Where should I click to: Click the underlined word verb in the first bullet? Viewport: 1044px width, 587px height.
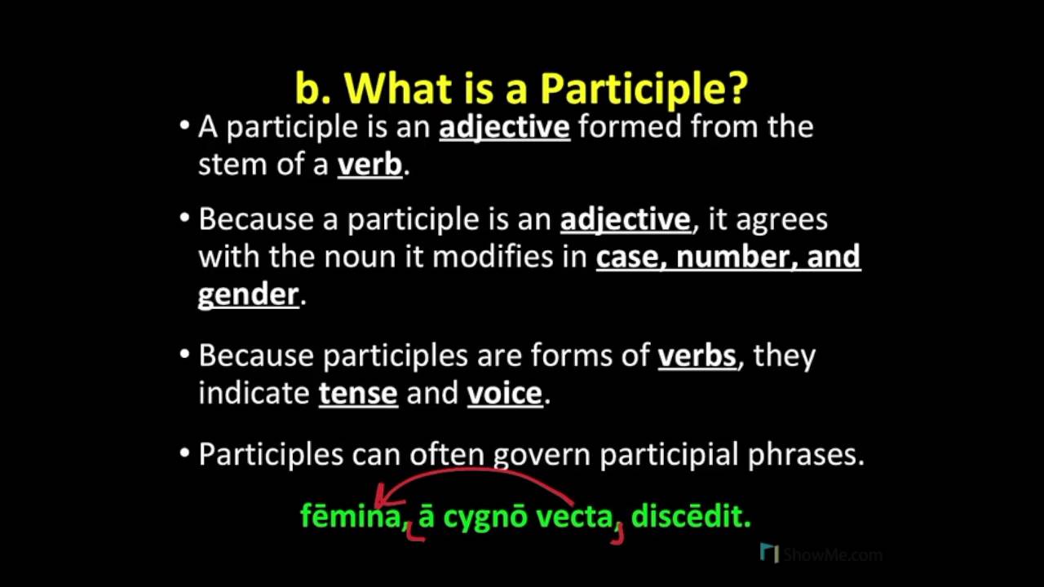369,165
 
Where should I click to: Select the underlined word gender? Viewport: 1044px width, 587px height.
248,294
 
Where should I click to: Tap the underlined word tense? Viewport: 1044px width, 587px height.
357,393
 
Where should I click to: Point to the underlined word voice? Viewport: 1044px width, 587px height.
504,393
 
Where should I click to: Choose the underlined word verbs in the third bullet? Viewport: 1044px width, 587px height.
697,355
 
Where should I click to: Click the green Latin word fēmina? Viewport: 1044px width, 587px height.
352,516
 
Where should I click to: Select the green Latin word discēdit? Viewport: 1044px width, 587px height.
689,516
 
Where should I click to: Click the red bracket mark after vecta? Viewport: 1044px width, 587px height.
619,534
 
